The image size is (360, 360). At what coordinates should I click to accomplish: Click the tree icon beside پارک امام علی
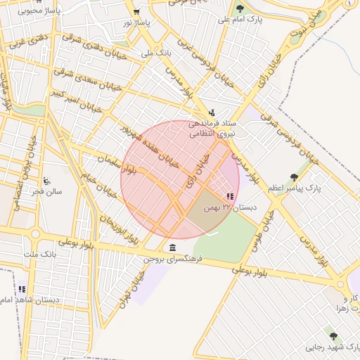(x=240, y=8)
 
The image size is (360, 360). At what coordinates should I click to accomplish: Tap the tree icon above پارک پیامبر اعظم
(x=294, y=177)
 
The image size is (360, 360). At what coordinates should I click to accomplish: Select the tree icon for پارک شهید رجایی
(x=333, y=336)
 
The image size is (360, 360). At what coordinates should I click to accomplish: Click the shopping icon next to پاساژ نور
(x=136, y=12)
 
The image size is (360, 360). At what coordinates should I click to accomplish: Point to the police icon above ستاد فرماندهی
(x=212, y=111)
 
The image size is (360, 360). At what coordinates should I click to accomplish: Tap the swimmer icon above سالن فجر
(x=46, y=180)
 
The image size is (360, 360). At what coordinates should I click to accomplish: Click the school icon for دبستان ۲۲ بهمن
(x=230, y=197)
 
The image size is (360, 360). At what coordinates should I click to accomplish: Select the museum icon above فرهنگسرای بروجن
(x=173, y=247)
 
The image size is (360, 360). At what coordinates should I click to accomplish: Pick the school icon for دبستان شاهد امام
(x=22, y=289)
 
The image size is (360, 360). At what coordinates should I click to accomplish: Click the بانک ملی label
(x=156, y=53)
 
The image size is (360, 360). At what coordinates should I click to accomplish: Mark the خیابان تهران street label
(x=132, y=286)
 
